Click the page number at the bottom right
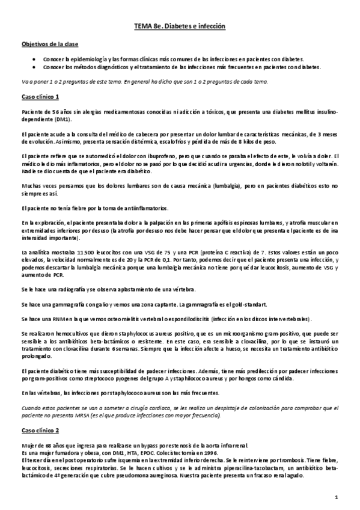click(337, 497)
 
